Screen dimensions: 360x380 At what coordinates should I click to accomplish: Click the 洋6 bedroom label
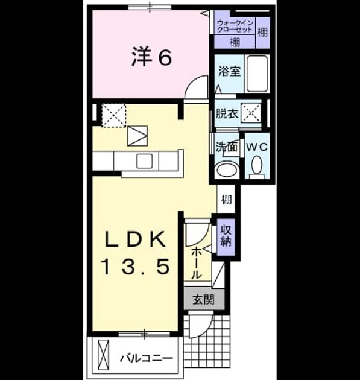tap(151, 57)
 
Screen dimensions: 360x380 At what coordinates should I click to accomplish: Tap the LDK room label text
tap(135, 239)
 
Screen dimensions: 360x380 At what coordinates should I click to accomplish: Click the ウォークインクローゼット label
tap(235, 26)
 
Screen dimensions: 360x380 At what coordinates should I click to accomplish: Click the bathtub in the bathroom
tap(257, 74)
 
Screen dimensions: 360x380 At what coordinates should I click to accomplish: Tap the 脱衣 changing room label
tap(227, 113)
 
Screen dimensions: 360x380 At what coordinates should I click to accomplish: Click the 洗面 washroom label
tap(226, 147)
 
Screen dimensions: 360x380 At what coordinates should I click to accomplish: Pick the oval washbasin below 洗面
tap(227, 169)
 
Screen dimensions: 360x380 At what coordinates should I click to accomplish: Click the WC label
tap(257, 147)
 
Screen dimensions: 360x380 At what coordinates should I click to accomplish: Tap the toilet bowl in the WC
tap(257, 165)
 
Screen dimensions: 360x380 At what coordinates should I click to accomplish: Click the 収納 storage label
tap(226, 236)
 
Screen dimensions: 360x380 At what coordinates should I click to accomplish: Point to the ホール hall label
tap(197, 264)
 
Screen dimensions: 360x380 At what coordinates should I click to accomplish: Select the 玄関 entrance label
tap(203, 300)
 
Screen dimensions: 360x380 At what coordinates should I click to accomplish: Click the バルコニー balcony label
tap(147, 358)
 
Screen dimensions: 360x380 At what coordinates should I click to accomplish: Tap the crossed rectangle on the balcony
tap(104, 355)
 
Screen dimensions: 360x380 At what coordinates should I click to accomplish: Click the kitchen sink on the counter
tap(145, 161)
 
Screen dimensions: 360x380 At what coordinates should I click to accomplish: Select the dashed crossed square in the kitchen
tap(113, 115)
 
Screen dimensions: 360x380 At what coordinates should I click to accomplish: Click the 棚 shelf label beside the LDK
tap(226, 200)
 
